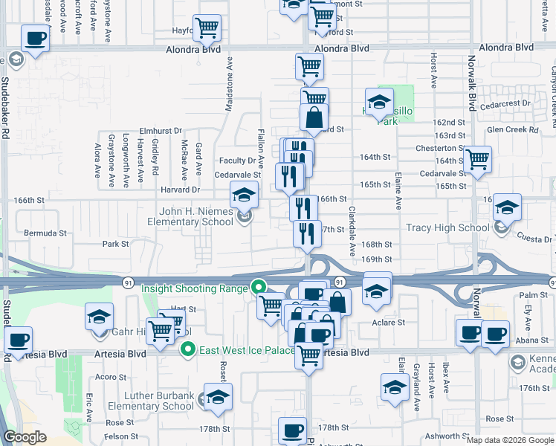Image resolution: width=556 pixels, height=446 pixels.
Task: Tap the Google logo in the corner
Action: point(25,437)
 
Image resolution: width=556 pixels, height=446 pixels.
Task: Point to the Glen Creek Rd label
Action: point(512,129)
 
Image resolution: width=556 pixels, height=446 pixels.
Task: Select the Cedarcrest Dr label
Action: point(505,103)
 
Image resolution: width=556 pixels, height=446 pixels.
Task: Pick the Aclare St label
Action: point(389,323)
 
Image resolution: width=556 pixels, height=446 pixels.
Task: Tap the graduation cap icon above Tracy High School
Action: point(507,208)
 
